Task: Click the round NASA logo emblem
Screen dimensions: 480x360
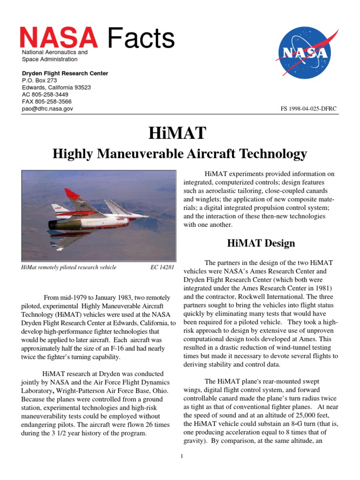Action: tap(303, 52)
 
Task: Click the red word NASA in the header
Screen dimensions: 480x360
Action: tap(59, 38)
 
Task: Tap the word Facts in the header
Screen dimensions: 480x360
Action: tap(141, 38)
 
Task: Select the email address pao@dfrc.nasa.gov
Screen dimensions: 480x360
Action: tap(47, 109)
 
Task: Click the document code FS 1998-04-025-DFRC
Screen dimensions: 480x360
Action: tap(308, 109)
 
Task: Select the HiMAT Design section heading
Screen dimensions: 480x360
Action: tap(261, 243)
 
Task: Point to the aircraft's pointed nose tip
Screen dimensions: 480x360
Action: tap(149, 216)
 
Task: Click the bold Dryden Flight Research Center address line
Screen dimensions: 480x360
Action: tap(65, 74)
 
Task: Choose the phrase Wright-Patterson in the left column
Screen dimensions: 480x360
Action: tap(78, 391)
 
